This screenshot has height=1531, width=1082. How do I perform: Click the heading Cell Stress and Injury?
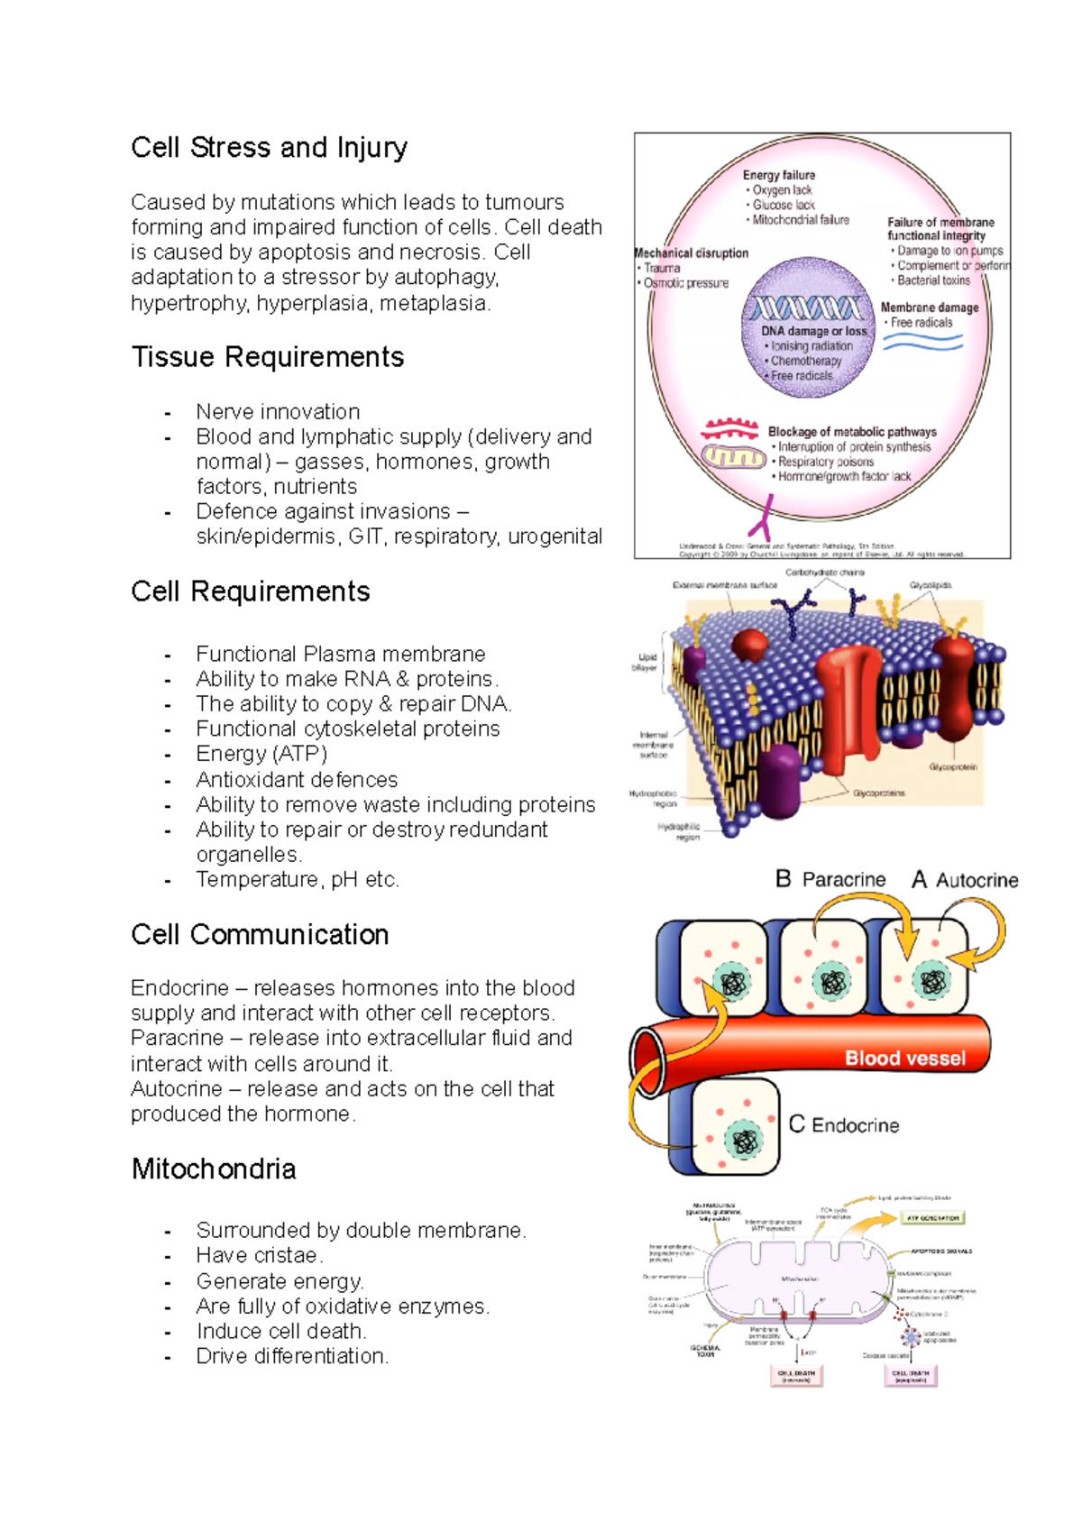click(x=269, y=148)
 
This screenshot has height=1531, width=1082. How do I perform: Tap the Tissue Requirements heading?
click(x=267, y=357)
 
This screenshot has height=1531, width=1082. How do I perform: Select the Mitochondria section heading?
click(x=214, y=1169)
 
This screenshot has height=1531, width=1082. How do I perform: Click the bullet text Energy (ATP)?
click(x=261, y=754)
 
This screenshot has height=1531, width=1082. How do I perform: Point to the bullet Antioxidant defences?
click(x=297, y=779)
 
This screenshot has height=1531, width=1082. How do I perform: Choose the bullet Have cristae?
click(x=260, y=1255)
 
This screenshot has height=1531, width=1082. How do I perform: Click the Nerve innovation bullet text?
click(x=278, y=412)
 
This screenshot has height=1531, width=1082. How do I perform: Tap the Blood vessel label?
click(x=904, y=1059)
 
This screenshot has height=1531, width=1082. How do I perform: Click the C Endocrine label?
click(x=844, y=1125)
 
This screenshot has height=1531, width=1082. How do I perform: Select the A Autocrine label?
click(x=965, y=880)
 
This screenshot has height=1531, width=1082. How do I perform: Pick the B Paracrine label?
click(x=830, y=879)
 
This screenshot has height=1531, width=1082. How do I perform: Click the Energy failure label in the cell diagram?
click(x=779, y=175)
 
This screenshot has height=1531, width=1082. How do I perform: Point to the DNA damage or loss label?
click(x=813, y=331)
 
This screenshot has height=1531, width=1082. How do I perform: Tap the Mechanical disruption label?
click(x=692, y=253)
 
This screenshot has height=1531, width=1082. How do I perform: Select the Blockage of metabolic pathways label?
click(x=852, y=432)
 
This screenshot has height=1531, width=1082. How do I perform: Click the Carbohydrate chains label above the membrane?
click(x=824, y=573)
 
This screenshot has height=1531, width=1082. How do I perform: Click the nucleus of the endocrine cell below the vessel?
click(x=745, y=1141)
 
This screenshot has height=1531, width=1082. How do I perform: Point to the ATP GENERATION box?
click(x=932, y=1218)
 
